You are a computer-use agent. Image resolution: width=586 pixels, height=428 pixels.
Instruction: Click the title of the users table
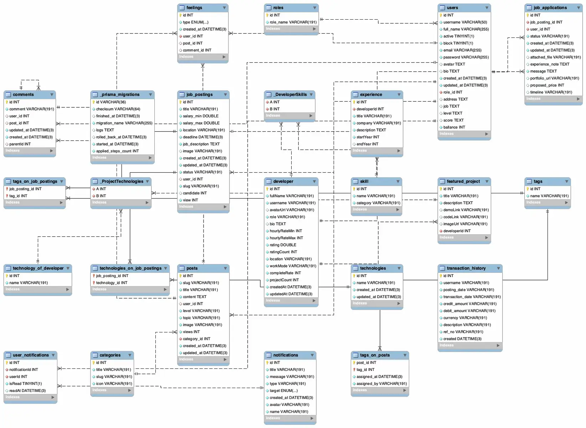452,7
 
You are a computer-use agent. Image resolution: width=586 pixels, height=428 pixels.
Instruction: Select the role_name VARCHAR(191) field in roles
293,22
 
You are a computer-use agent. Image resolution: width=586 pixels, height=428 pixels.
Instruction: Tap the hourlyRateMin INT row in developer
286,231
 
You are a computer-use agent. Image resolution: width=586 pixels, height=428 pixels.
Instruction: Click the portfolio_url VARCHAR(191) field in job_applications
554,78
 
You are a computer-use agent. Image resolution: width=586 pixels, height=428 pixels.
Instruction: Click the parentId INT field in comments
20,144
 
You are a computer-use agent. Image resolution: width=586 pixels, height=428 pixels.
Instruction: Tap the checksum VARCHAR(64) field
118,109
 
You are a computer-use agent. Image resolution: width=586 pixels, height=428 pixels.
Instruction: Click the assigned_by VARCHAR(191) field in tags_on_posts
381,383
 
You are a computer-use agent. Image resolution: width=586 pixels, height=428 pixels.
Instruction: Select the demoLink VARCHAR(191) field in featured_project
466,210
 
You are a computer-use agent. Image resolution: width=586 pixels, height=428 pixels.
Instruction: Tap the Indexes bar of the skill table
376,210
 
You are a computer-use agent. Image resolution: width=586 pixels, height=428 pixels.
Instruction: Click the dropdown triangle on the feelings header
224,7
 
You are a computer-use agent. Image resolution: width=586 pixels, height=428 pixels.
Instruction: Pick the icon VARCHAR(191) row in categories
114,383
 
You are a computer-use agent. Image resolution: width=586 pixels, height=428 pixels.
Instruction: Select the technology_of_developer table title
38,268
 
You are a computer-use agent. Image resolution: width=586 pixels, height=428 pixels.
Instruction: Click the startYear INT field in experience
368,137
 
